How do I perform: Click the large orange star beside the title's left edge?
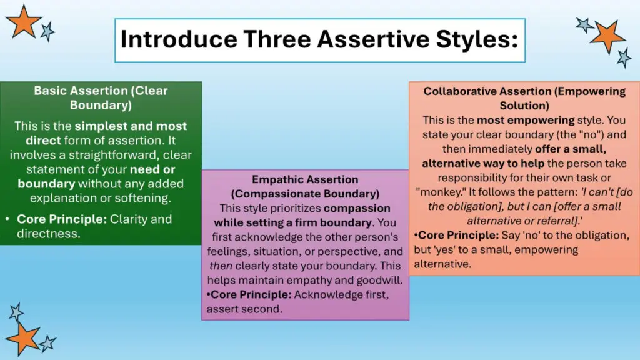(23, 22)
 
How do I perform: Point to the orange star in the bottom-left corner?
(23, 338)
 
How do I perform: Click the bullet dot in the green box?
(7, 219)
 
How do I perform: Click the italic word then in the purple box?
(221, 266)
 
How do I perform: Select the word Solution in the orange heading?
(524, 106)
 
